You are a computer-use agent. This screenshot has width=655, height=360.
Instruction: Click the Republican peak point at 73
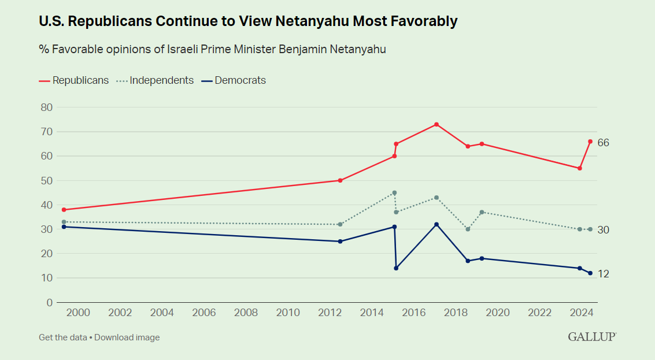pyautogui.click(x=436, y=124)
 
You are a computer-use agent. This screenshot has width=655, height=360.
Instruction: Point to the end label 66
pyautogui.click(x=604, y=143)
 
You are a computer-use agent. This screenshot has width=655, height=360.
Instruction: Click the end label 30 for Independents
pyautogui.click(x=604, y=230)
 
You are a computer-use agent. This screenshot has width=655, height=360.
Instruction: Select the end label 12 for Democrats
pyautogui.click(x=604, y=274)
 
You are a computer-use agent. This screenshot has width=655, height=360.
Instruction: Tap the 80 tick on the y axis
pyautogui.click(x=46, y=107)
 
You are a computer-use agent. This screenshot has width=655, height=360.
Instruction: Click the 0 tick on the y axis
pyautogui.click(x=49, y=302)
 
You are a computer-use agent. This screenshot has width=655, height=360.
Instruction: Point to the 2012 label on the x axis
pyautogui.click(x=330, y=313)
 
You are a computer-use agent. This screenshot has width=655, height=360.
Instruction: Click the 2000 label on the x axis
pyautogui.click(x=78, y=313)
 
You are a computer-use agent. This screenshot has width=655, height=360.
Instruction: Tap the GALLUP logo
pyautogui.click(x=592, y=336)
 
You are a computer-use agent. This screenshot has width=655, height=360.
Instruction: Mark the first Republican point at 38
pyautogui.click(x=64, y=210)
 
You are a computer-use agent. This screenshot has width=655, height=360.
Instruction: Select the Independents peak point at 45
pyautogui.click(x=394, y=192)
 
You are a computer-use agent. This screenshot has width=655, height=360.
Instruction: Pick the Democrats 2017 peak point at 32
pyautogui.click(x=436, y=224)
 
